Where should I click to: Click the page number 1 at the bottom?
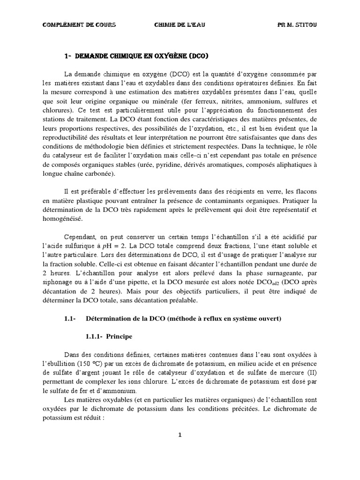tap(180, 435)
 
